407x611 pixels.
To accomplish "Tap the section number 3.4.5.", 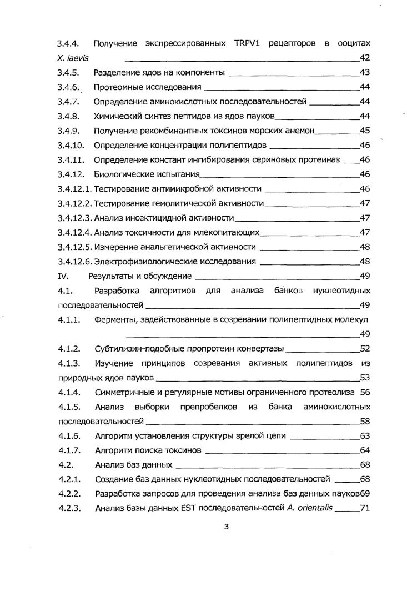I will tap(69, 73).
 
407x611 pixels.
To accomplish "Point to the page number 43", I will tap(365, 73).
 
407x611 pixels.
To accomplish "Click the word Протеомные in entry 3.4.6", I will tap(115, 87).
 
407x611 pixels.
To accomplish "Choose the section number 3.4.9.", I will tap(69, 131).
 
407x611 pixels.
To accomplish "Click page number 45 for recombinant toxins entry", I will tap(365, 131).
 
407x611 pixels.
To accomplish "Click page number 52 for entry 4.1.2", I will tap(365, 349).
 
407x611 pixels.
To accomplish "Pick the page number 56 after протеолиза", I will tap(365, 392).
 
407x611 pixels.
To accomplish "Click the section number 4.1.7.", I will tap(69, 450).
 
